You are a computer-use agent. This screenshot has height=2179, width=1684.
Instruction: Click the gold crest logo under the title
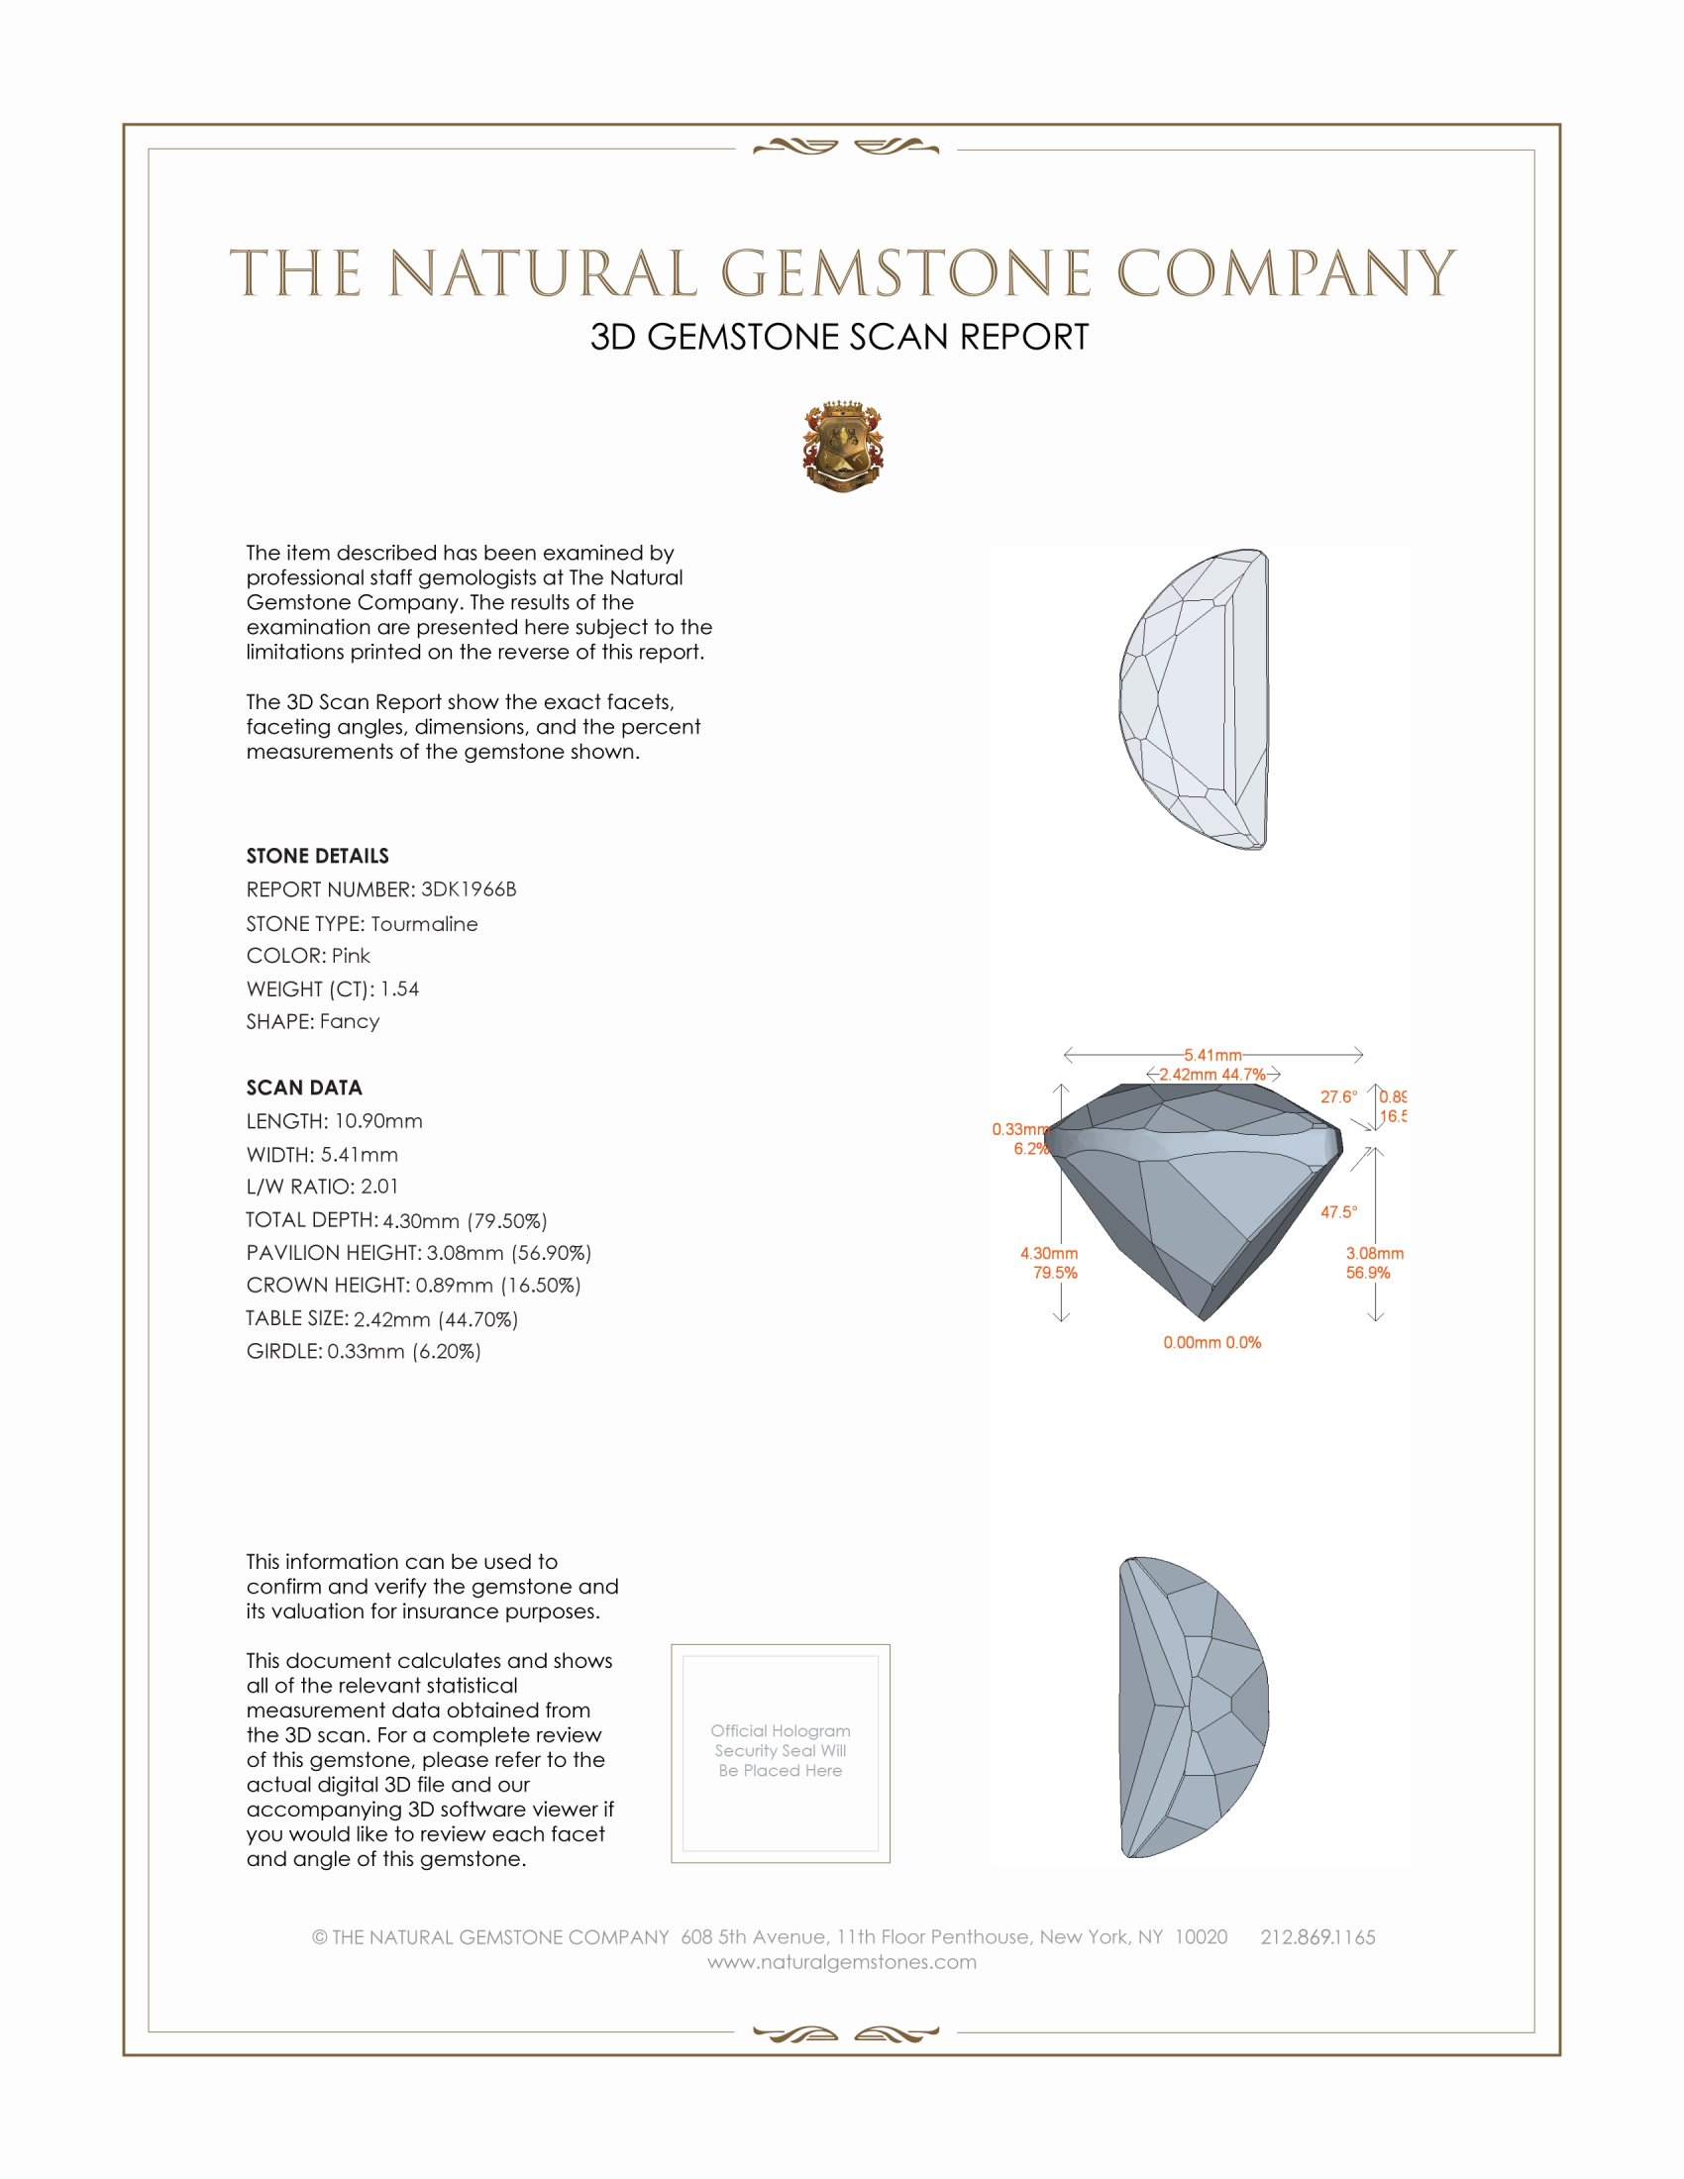pyautogui.click(x=842, y=447)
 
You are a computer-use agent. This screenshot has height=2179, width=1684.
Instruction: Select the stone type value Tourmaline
pyautogui.click(x=424, y=924)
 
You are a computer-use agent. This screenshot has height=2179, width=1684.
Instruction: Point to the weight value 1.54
pyautogui.click(x=399, y=988)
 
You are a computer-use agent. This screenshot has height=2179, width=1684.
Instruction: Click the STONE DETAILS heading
pyautogui.click(x=317, y=856)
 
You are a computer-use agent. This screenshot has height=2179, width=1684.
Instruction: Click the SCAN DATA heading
pyautogui.click(x=304, y=1088)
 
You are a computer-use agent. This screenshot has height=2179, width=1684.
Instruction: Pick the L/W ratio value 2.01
pyautogui.click(x=379, y=1187)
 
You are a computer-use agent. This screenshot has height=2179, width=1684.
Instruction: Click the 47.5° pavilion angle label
pyautogui.click(x=1339, y=1212)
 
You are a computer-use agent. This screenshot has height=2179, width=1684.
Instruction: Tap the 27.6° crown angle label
pyautogui.click(x=1339, y=1097)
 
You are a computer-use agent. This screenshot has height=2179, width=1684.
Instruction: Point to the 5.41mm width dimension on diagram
pyautogui.click(x=1212, y=1055)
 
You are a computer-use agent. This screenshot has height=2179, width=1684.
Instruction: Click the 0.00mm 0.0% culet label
pyautogui.click(x=1212, y=1343)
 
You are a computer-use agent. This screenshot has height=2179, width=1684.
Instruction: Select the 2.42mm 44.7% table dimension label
pyautogui.click(x=1212, y=1075)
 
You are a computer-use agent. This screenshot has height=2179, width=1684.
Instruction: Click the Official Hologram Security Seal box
pyautogui.click(x=781, y=1753)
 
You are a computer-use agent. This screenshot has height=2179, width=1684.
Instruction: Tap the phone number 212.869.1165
pyautogui.click(x=1316, y=1937)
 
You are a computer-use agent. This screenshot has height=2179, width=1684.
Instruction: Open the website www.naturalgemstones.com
pyautogui.click(x=842, y=1962)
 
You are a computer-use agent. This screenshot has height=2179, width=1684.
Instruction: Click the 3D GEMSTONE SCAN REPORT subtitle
pyautogui.click(x=839, y=337)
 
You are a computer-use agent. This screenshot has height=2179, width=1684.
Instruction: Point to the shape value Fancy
pyautogui.click(x=349, y=1022)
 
